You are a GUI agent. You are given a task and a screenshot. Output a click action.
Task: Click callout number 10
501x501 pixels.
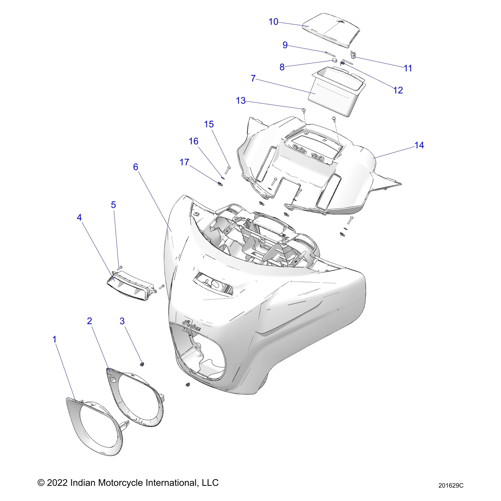[273, 22]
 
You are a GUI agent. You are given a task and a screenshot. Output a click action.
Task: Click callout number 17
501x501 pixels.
[184, 162]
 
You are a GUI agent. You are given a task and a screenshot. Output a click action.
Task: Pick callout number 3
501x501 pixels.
[122, 321]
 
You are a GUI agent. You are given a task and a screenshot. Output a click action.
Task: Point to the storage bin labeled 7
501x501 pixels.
[335, 96]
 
